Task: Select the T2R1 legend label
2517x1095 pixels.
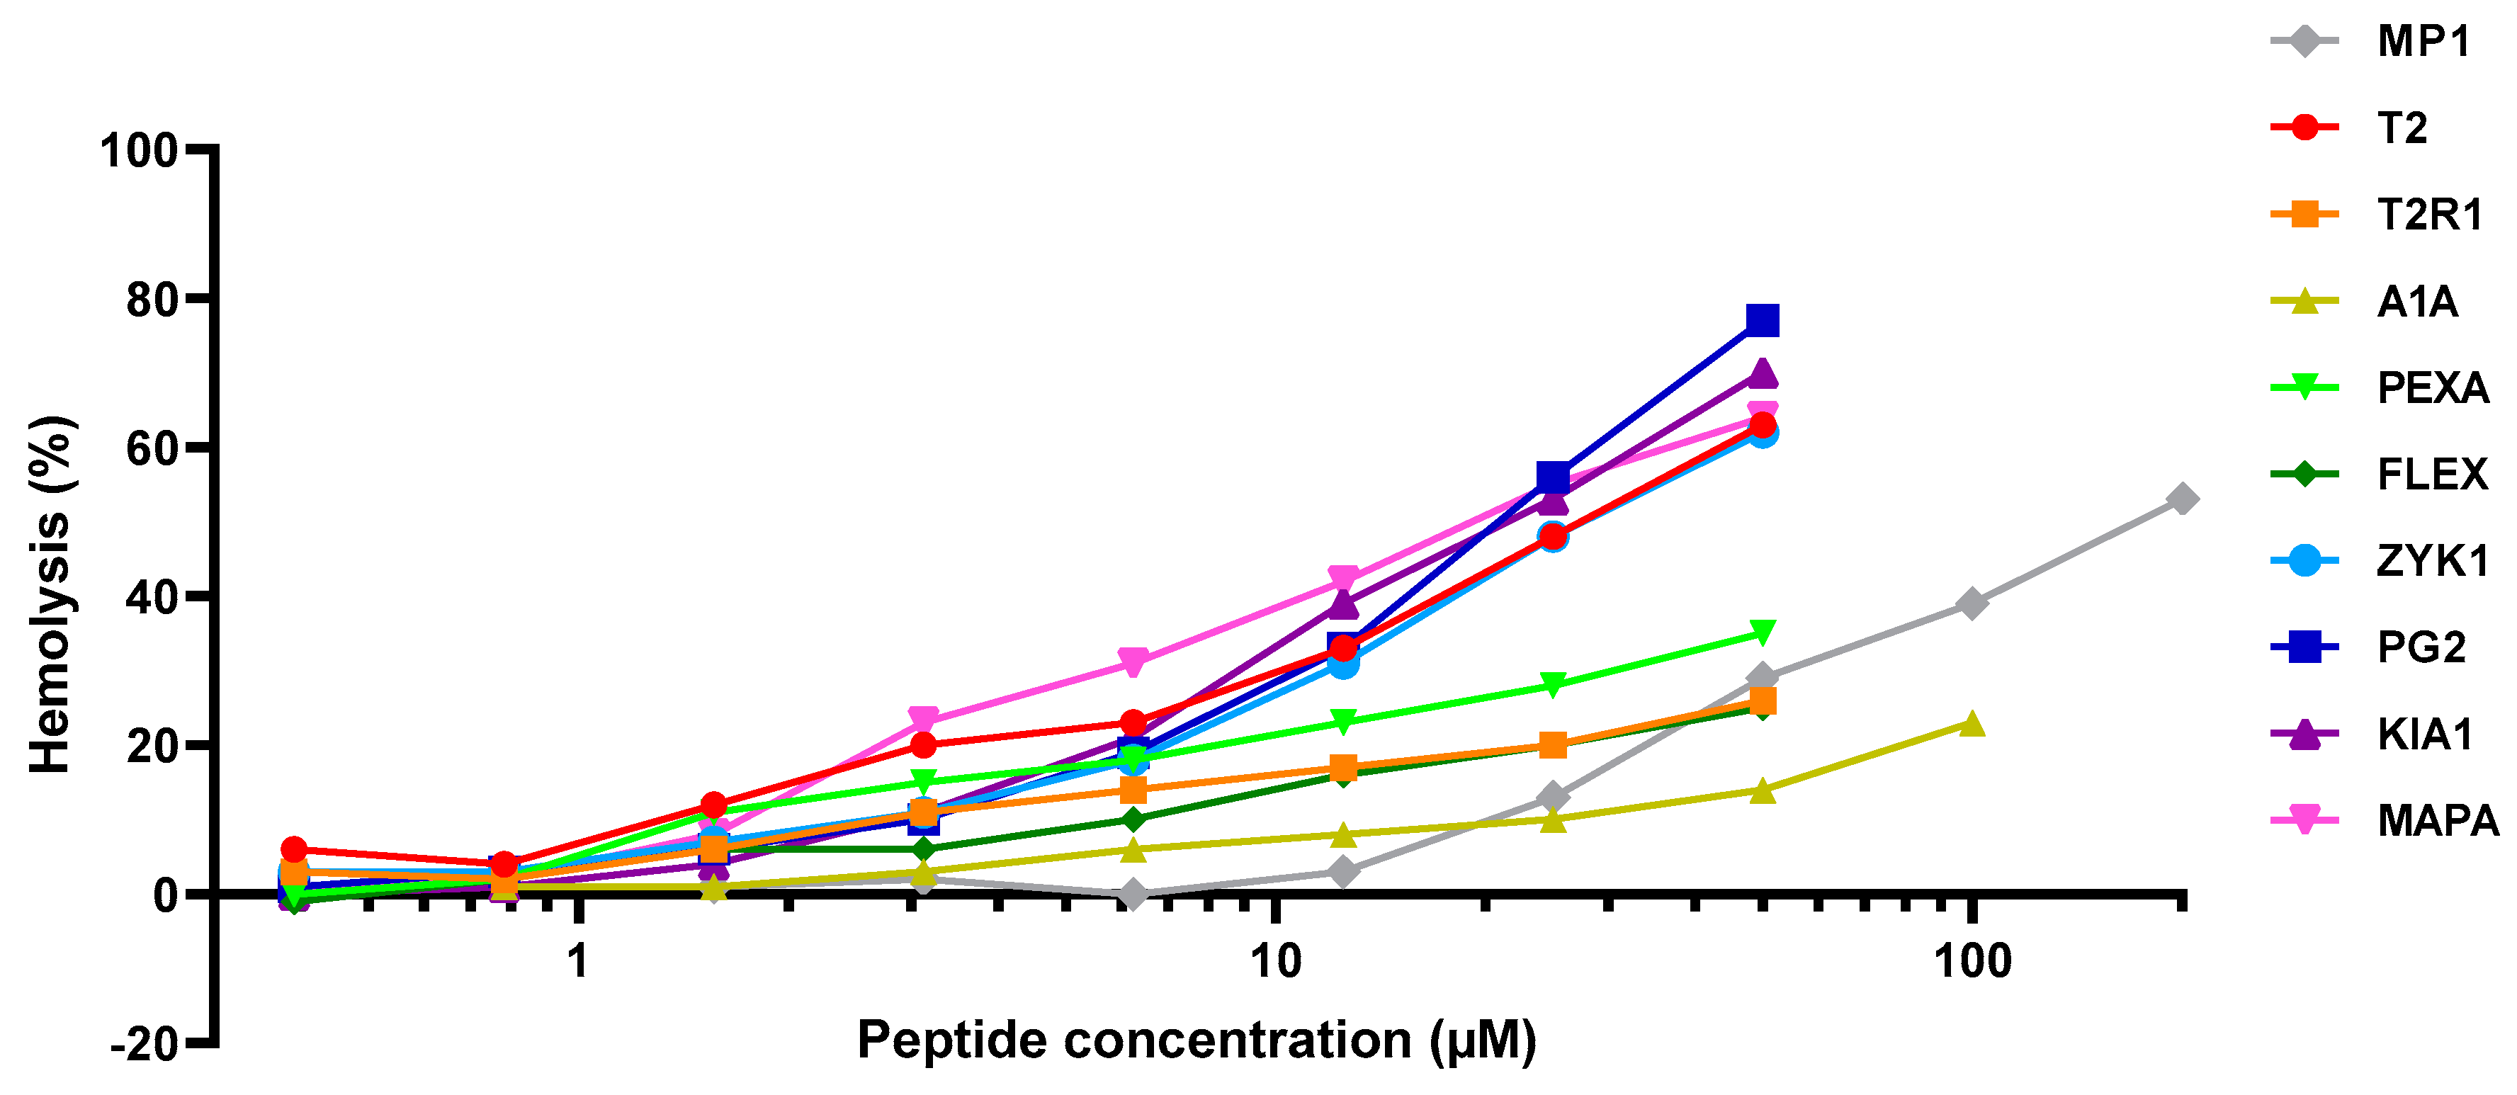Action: pos(2429,214)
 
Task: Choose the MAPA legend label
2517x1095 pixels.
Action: pos(2437,819)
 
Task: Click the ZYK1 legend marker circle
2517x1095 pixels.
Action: pos(2304,561)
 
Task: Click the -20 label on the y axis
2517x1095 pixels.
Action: pos(144,1044)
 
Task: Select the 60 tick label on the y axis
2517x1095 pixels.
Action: pos(152,448)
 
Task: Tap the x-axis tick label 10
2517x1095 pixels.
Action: pos(1275,961)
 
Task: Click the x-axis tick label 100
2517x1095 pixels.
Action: pos(1972,961)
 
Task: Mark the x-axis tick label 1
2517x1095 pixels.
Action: pos(577,961)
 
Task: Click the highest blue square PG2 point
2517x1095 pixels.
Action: pos(1762,320)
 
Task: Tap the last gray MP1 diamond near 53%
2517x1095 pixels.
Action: pos(2181,499)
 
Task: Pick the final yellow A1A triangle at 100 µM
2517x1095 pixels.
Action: pos(1972,724)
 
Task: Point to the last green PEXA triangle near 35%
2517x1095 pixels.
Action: pos(1762,633)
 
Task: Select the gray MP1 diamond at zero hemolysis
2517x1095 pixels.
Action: pos(1133,894)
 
